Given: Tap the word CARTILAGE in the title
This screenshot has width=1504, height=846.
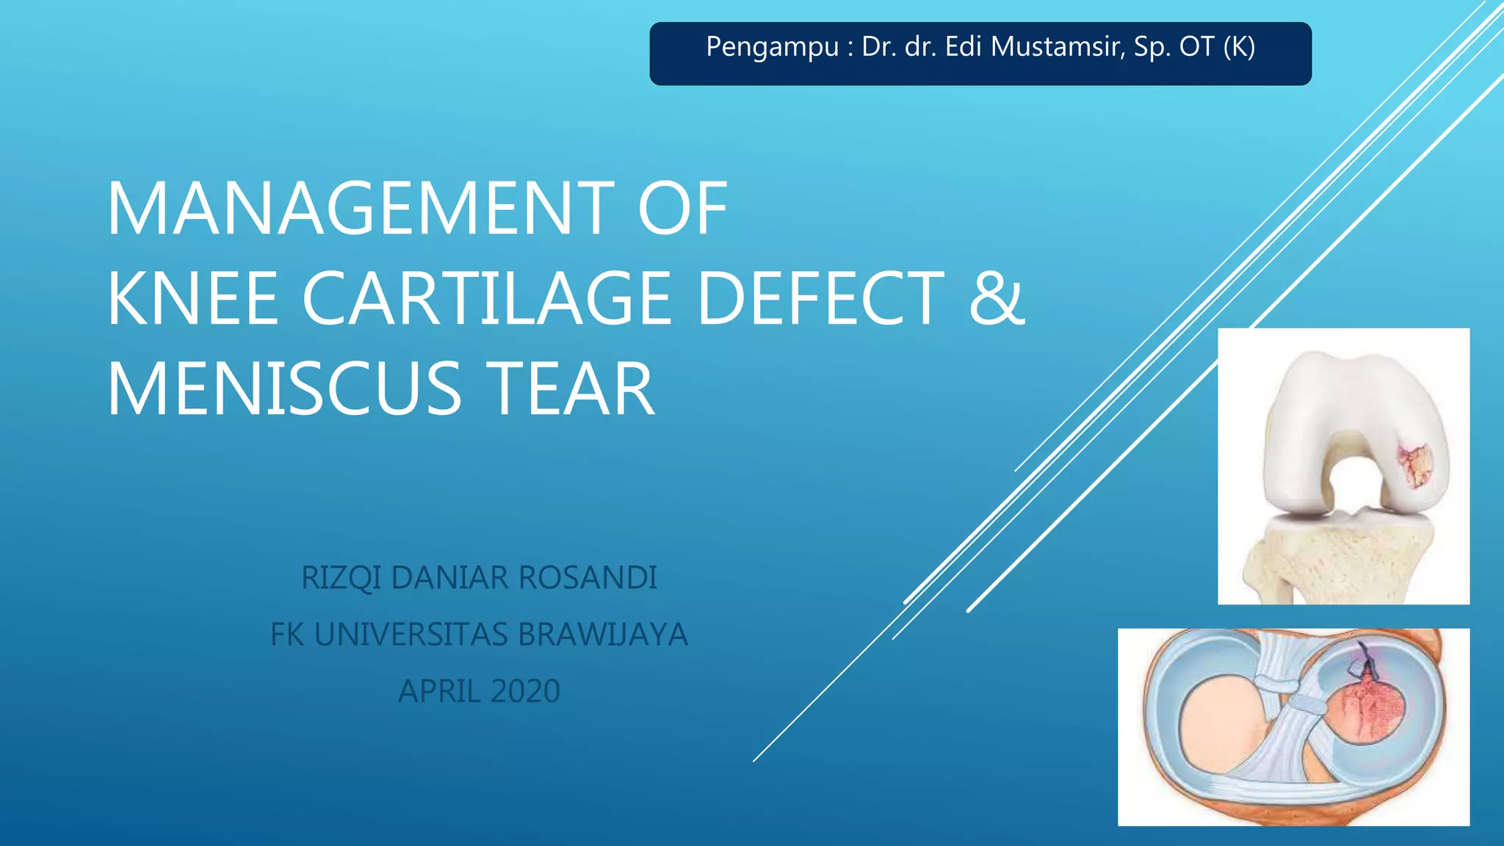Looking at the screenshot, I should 486,298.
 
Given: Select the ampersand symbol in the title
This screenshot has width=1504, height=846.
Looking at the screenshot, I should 996,298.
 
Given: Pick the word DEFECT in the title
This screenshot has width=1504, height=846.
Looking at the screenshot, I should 820,298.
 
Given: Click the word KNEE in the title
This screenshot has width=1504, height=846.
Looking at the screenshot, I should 193,298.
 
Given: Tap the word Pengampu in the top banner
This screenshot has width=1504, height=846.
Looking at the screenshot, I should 772,47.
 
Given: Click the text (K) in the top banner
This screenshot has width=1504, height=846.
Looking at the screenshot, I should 1239,47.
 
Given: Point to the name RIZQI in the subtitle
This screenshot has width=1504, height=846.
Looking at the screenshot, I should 341,578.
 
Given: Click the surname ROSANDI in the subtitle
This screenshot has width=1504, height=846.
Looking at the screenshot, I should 587,578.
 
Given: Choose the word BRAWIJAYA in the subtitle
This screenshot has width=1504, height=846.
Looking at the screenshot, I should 602,634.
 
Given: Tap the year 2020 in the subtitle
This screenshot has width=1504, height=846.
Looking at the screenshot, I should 525,691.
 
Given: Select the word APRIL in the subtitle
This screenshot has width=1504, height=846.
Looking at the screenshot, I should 439,691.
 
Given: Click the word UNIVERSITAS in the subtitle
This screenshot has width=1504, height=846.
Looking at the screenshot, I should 411,634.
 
